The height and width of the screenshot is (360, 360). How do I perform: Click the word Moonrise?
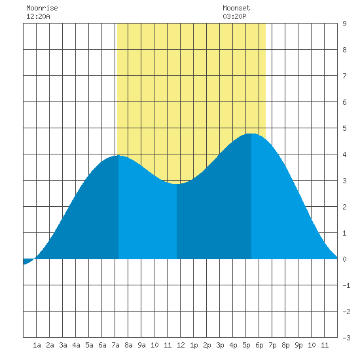pyautogui.click(x=42, y=8)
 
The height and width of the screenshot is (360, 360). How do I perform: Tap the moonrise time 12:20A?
pyautogui.click(x=38, y=16)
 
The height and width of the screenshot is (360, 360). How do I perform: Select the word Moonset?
pyautogui.click(x=236, y=8)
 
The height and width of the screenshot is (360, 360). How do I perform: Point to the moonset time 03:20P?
pyautogui.click(x=234, y=16)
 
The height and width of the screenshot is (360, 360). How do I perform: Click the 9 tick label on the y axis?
pyautogui.click(x=344, y=24)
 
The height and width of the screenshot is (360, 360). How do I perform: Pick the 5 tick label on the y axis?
pyautogui.click(x=344, y=128)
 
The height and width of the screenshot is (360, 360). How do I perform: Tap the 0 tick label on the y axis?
pyautogui.click(x=344, y=259)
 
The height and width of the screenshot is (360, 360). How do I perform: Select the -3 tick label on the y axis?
pyautogui.click(x=347, y=338)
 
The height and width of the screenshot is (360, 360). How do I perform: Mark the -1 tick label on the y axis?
pyautogui.click(x=347, y=285)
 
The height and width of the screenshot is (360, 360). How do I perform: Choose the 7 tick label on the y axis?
pyautogui.click(x=344, y=76)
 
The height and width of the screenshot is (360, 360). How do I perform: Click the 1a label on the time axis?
pyautogui.click(x=37, y=345)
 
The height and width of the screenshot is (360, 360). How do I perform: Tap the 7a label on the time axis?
pyautogui.click(x=115, y=345)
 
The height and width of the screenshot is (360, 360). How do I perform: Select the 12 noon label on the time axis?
pyautogui.click(x=181, y=345)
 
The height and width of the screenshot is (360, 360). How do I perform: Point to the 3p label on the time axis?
pyautogui.click(x=220, y=345)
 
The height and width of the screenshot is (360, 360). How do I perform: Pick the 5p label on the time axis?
pyautogui.click(x=246, y=345)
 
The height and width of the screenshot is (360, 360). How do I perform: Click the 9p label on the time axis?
pyautogui.click(x=298, y=345)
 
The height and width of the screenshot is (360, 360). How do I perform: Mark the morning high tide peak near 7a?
pyautogui.click(x=118, y=156)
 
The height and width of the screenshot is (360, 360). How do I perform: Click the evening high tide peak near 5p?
pyautogui.click(x=251, y=134)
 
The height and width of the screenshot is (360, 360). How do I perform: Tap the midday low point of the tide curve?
pyautogui.click(x=177, y=184)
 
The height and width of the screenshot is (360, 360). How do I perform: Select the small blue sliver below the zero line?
pyautogui.click(x=27, y=261)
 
